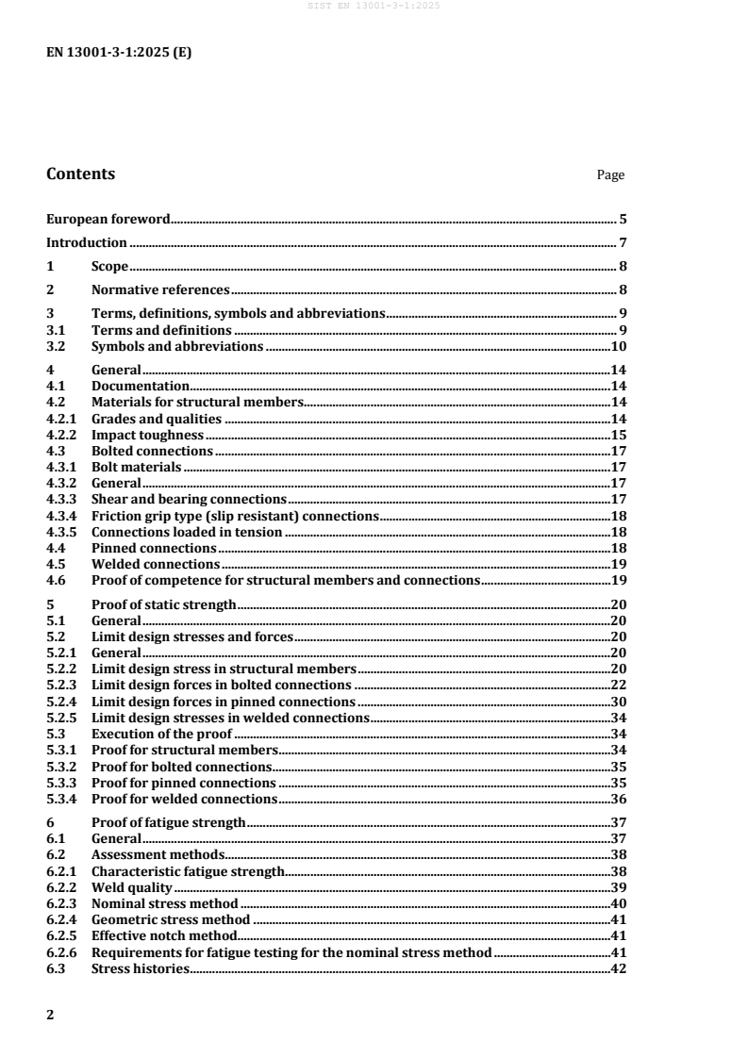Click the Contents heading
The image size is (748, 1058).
coord(81,174)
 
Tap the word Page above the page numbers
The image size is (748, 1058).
coord(610,175)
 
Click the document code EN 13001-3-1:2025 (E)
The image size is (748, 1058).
coord(119,53)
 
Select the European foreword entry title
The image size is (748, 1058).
coord(108,219)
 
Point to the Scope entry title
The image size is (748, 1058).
coord(109,266)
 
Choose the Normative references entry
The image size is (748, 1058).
coord(160,289)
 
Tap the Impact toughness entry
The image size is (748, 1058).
coord(147,435)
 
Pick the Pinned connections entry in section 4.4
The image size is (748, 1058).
coord(154,548)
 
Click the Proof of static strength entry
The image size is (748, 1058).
coord(163,604)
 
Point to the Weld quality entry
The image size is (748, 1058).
coord(132,887)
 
